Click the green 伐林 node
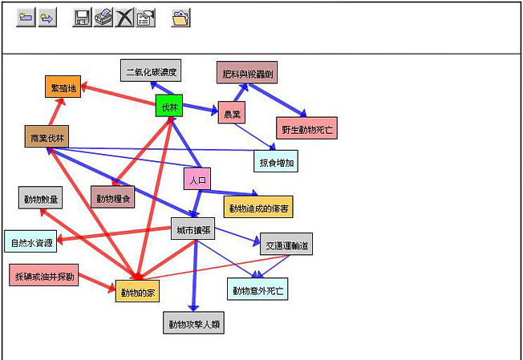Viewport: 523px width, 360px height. (x=169, y=107)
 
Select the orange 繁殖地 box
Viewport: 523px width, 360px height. (x=63, y=87)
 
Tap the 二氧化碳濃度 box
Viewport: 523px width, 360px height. (x=151, y=71)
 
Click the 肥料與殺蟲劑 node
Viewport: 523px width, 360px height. (x=246, y=72)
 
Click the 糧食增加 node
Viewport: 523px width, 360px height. (x=276, y=161)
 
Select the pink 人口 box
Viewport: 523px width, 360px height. (x=197, y=180)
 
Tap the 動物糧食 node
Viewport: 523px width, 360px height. (x=112, y=197)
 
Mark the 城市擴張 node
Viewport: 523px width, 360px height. (x=193, y=229)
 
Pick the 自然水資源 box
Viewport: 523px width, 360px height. (x=30, y=241)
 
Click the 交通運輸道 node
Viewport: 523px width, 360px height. (x=286, y=244)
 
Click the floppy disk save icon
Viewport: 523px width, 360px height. (x=82, y=18)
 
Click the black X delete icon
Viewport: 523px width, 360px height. (x=124, y=18)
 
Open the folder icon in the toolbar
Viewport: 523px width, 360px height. (x=181, y=18)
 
